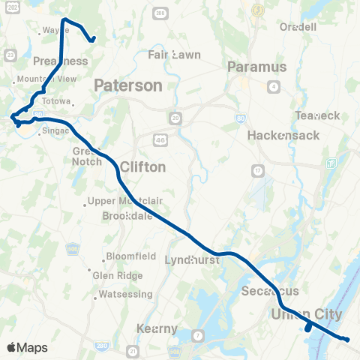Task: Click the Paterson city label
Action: [127, 85]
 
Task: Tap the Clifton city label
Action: [142, 166]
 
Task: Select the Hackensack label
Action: [283, 135]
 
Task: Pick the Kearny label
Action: [157, 328]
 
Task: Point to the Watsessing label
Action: [125, 294]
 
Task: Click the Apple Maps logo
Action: [27, 347]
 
